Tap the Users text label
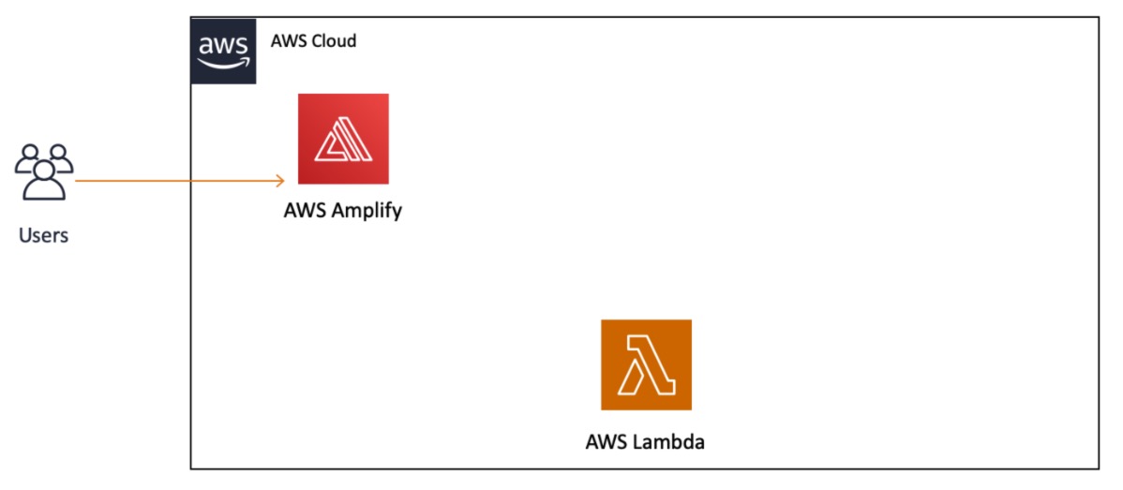pyautogui.click(x=44, y=235)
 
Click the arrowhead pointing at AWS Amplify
pyautogui.click(x=280, y=181)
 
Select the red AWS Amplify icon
pyautogui.click(x=343, y=139)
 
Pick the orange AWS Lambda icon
pyautogui.click(x=646, y=364)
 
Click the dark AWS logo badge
pyautogui.click(x=223, y=51)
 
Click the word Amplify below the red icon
pyautogui.click(x=368, y=211)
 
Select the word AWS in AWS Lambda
pyautogui.click(x=606, y=441)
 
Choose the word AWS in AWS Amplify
pyautogui.click(x=305, y=210)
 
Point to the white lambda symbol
pyautogui.click(x=647, y=364)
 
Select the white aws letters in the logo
pyautogui.click(x=223, y=46)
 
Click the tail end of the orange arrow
pyautogui.click(x=77, y=181)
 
